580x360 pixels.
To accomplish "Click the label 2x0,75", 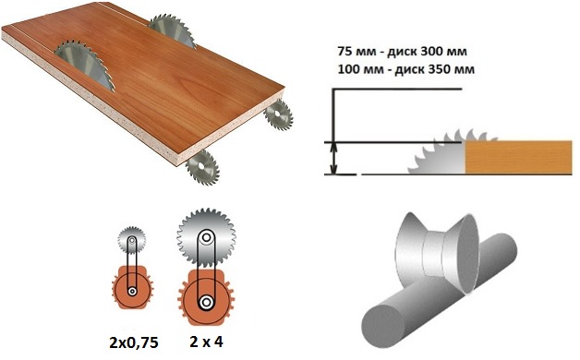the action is pos(134,343).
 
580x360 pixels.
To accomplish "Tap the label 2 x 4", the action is pos(206,342).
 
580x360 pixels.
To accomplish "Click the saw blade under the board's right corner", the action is pos(279,114).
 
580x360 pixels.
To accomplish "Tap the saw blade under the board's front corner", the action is pos(202,167).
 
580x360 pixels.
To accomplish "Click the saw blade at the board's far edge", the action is pos(173,30).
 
